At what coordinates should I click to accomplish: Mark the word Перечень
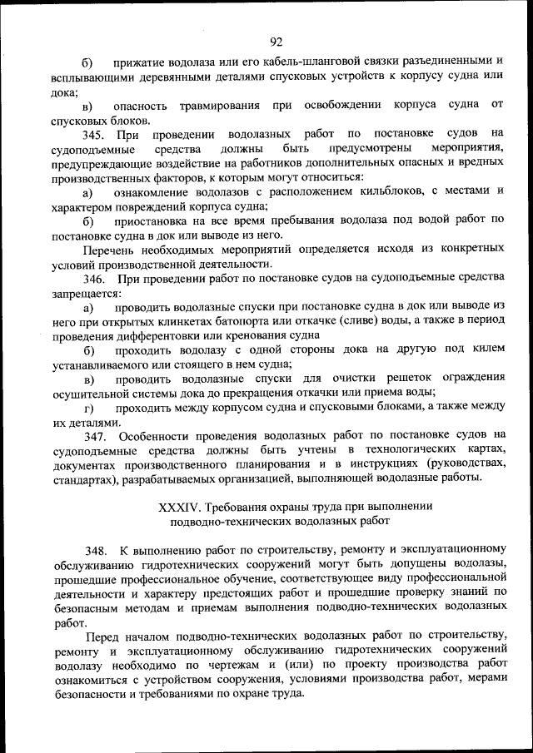tap(108, 249)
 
